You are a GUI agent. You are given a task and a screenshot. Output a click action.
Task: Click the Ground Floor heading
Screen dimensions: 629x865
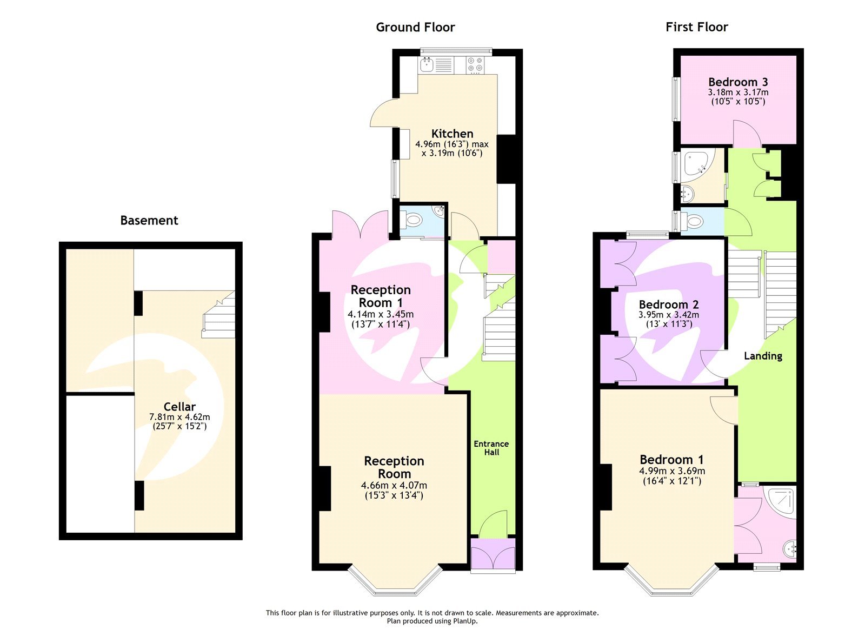[415, 27]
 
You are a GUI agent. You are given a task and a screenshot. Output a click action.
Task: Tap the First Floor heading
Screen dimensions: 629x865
[696, 27]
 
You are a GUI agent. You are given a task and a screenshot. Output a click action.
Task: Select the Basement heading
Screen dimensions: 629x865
[149, 220]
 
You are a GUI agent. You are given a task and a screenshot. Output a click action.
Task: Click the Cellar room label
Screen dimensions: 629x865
[179, 407]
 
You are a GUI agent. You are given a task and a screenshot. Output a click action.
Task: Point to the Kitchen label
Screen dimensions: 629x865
[452, 134]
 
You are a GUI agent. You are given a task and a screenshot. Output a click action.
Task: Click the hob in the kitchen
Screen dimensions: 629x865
[475, 65]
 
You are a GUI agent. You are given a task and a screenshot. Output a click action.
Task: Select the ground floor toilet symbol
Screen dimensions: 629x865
[415, 220]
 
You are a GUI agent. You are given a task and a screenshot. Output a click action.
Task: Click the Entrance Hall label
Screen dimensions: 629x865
[491, 448]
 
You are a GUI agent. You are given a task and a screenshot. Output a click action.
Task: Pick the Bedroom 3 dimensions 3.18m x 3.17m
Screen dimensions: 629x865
[738, 92]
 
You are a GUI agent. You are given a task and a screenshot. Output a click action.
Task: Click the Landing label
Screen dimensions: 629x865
[763, 356]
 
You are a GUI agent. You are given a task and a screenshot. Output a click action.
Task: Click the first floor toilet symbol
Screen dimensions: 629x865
[694, 221]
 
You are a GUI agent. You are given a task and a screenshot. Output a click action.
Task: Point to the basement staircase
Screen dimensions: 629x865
[219, 319]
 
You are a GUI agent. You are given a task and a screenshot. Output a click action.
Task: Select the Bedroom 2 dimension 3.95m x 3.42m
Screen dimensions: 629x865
[669, 315]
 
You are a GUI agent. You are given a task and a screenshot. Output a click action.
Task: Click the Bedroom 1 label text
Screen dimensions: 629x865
[671, 460]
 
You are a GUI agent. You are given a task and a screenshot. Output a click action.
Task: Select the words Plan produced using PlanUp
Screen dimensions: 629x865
[432, 621]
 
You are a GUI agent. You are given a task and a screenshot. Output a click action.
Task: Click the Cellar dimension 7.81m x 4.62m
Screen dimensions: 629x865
[179, 417]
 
